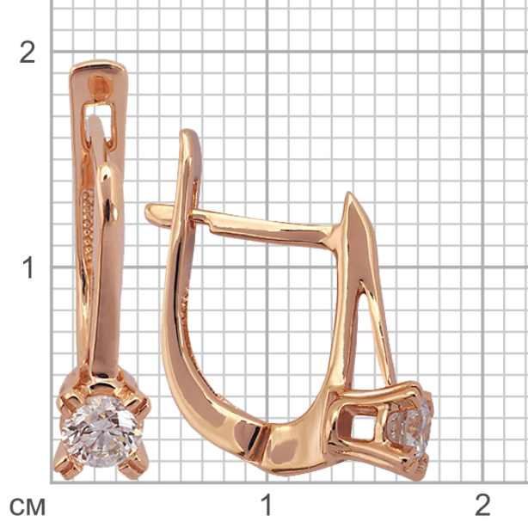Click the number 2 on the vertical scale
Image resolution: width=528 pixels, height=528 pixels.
28,52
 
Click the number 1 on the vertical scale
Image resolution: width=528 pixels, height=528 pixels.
28,267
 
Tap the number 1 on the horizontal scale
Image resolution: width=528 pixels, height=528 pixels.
267,505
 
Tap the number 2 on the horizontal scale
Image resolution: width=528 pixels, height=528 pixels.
482,505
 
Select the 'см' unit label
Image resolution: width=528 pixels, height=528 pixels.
27,507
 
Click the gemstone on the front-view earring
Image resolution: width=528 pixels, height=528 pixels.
101,431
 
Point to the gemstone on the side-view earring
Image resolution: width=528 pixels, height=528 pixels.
412,427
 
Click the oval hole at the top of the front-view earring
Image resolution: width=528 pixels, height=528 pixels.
100,86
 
